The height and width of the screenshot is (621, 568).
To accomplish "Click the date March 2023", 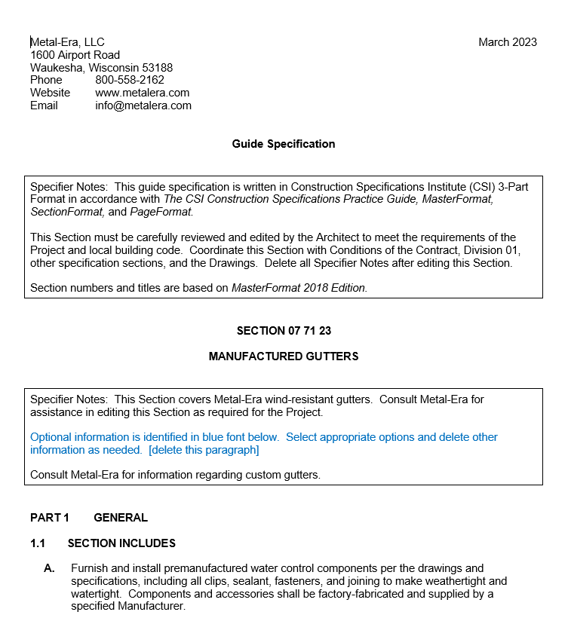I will (507, 42).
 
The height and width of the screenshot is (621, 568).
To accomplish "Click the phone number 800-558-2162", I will (130, 80).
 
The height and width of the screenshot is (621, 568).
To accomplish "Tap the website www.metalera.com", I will (142, 93).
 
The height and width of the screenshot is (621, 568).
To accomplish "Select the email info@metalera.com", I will (143, 106).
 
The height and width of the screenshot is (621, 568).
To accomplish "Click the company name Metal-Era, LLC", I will (68, 42).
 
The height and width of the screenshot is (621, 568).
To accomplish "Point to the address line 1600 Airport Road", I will (75, 55).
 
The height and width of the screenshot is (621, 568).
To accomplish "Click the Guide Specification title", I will (284, 144).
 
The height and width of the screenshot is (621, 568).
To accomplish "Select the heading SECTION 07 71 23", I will (284, 331).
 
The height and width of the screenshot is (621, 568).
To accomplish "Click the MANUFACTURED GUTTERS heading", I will (284, 356).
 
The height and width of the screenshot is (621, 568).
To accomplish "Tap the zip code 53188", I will (157, 68).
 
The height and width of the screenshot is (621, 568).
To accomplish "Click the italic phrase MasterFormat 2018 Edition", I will (299, 288).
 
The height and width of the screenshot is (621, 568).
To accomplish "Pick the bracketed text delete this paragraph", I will (204, 450).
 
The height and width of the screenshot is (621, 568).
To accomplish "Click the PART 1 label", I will (50, 518).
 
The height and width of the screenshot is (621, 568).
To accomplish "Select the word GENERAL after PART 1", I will (121, 518).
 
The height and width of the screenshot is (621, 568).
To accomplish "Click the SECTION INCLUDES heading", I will (121, 543).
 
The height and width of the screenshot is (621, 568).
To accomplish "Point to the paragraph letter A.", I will (49, 568).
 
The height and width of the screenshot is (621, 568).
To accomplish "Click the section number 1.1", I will (38, 543).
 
